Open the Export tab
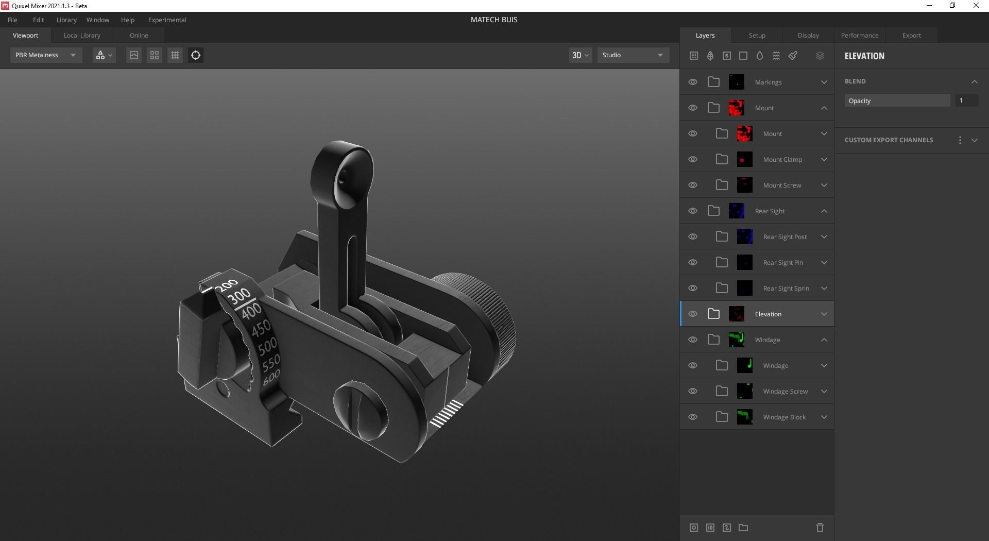(x=911, y=36)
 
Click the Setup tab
(x=757, y=36)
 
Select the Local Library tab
(x=82, y=36)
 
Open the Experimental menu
(x=167, y=20)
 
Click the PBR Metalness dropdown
(x=46, y=55)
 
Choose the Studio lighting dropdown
(x=633, y=55)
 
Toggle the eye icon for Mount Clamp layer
(x=693, y=160)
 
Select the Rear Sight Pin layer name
(x=782, y=263)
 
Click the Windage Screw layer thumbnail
(x=744, y=391)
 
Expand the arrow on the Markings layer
(x=824, y=82)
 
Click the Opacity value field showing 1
(x=966, y=101)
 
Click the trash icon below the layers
(x=820, y=528)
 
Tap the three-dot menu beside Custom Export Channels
(x=960, y=140)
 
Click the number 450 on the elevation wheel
(x=261, y=328)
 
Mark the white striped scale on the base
(x=446, y=414)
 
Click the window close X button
(x=976, y=6)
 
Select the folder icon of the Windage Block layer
(x=722, y=417)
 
